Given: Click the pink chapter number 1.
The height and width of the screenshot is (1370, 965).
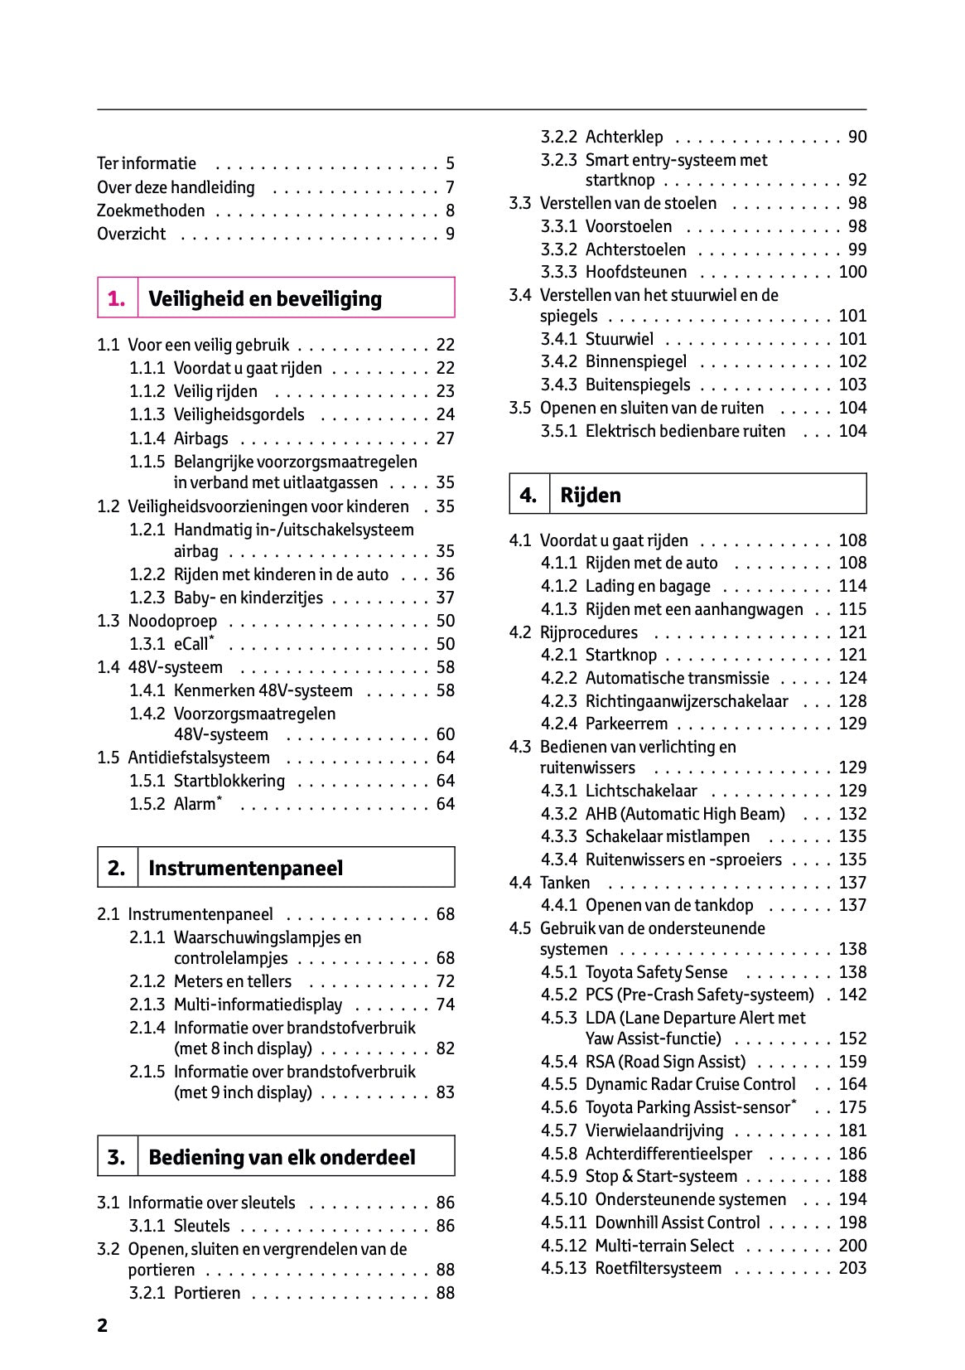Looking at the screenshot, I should [117, 299].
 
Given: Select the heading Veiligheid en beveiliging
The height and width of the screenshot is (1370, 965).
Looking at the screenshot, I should [265, 299].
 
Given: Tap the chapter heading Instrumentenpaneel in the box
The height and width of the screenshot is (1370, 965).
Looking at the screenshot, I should [245, 869].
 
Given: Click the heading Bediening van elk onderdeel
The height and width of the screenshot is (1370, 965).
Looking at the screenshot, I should [282, 1157].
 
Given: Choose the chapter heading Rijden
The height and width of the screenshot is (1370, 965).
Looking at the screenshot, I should [591, 496].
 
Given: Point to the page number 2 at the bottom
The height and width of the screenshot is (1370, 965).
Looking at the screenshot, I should [102, 1326].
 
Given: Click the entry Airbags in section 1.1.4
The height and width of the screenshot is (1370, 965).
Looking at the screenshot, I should [200, 438].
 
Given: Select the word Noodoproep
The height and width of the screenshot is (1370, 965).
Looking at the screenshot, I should [172, 622].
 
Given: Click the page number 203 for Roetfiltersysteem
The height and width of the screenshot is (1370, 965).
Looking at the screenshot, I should [852, 1269].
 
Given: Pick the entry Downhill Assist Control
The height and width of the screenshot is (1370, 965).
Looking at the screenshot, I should [677, 1222].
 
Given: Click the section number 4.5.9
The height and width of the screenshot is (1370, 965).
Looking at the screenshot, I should [559, 1177].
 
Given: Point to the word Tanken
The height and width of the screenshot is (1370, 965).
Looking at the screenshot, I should [565, 883].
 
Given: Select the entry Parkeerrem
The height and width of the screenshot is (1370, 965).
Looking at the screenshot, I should [626, 724].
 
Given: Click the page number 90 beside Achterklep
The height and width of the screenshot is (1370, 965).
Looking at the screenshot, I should [857, 138].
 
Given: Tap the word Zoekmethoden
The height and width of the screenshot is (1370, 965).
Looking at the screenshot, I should [151, 211].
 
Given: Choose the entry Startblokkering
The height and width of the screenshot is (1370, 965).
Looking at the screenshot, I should [229, 781].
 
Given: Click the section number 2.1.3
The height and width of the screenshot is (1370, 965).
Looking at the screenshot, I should [147, 1005].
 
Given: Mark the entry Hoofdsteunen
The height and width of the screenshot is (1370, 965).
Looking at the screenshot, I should [635, 273].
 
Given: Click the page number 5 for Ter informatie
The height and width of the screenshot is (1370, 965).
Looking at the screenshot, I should [450, 163].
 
